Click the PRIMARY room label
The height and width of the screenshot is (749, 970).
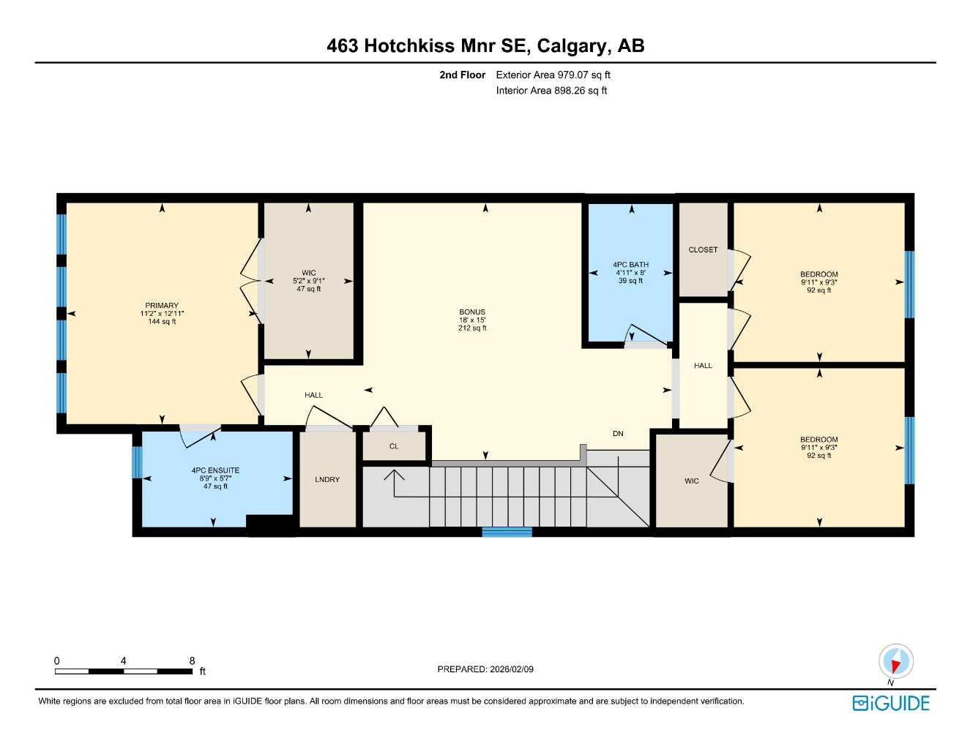[162, 306]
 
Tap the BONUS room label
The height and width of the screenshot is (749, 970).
[472, 312]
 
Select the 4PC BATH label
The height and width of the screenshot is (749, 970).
[630, 265]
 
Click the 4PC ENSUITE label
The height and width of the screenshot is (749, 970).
[215, 470]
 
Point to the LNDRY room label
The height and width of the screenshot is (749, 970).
[327, 480]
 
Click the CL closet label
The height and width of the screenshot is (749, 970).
[394, 446]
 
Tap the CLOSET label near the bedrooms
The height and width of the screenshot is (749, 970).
[703, 250]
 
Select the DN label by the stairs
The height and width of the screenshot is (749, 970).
[618, 434]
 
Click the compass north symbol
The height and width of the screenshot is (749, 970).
[895, 662]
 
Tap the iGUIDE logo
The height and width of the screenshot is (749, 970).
[891, 703]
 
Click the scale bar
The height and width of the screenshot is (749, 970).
[124, 671]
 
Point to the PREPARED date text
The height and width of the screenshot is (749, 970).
[485, 669]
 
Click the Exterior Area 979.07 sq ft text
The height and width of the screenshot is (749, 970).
[553, 75]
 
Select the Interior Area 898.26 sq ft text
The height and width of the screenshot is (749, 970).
[551, 91]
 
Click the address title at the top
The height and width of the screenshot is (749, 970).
[485, 46]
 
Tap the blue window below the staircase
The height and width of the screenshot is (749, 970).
[507, 532]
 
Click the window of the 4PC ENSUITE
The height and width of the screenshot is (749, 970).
[136, 462]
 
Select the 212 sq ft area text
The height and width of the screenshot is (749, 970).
[472, 328]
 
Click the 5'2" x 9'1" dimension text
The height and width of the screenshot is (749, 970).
[308, 281]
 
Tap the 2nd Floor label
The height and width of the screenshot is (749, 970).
[462, 75]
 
